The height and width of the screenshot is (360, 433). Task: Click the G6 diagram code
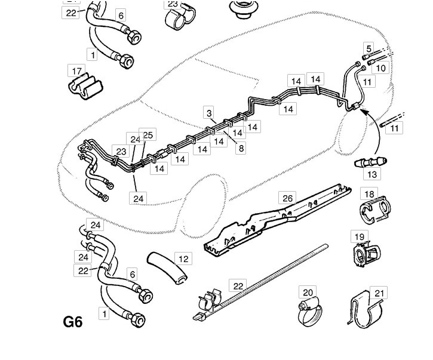(x=72, y=322)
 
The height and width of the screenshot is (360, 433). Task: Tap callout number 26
(x=287, y=198)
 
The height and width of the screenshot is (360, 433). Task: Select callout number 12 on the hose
(x=182, y=259)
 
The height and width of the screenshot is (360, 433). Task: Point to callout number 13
(x=372, y=174)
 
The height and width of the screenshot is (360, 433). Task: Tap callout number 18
(x=370, y=194)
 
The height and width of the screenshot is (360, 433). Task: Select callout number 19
(x=360, y=237)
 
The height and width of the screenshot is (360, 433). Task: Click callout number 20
(x=308, y=293)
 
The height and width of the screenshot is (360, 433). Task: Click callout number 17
(x=76, y=72)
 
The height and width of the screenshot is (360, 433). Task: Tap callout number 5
(x=368, y=48)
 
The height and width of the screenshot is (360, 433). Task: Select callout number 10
(x=380, y=68)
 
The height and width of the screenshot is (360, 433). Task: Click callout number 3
(x=208, y=113)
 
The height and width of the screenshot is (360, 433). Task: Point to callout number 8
(x=241, y=149)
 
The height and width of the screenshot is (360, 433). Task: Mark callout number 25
(x=148, y=135)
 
